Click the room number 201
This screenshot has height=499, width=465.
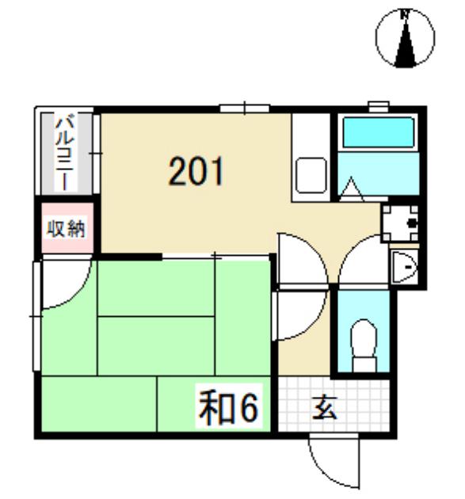196,171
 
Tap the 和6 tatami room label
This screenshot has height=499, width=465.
228,409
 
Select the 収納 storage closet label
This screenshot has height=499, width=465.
67,228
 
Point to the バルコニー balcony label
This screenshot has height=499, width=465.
65,154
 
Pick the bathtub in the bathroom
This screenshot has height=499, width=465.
378,133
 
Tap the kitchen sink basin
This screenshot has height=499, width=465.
311,176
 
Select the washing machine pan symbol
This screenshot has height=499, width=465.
400,223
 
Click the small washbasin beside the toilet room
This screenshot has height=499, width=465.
404,266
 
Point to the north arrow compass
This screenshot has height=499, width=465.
405,38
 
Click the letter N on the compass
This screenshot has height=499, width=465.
405,14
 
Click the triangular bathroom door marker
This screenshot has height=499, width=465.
352,189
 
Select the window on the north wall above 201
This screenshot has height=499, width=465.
245,109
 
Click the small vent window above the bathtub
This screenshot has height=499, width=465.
379,106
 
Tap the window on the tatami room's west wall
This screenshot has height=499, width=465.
37,316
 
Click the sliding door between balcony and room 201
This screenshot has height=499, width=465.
97,154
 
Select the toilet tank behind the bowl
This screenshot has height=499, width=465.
364,364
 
